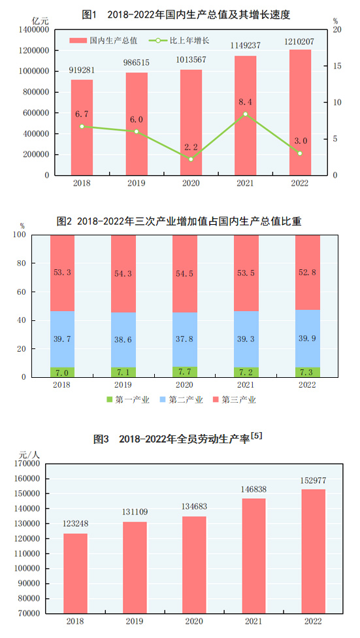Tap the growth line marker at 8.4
245,114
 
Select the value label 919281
82,70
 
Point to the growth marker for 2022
300,154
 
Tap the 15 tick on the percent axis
336,66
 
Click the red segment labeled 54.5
184,273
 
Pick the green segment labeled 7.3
307,372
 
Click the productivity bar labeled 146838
253,556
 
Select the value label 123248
75,526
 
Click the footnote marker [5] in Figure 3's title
257,435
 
